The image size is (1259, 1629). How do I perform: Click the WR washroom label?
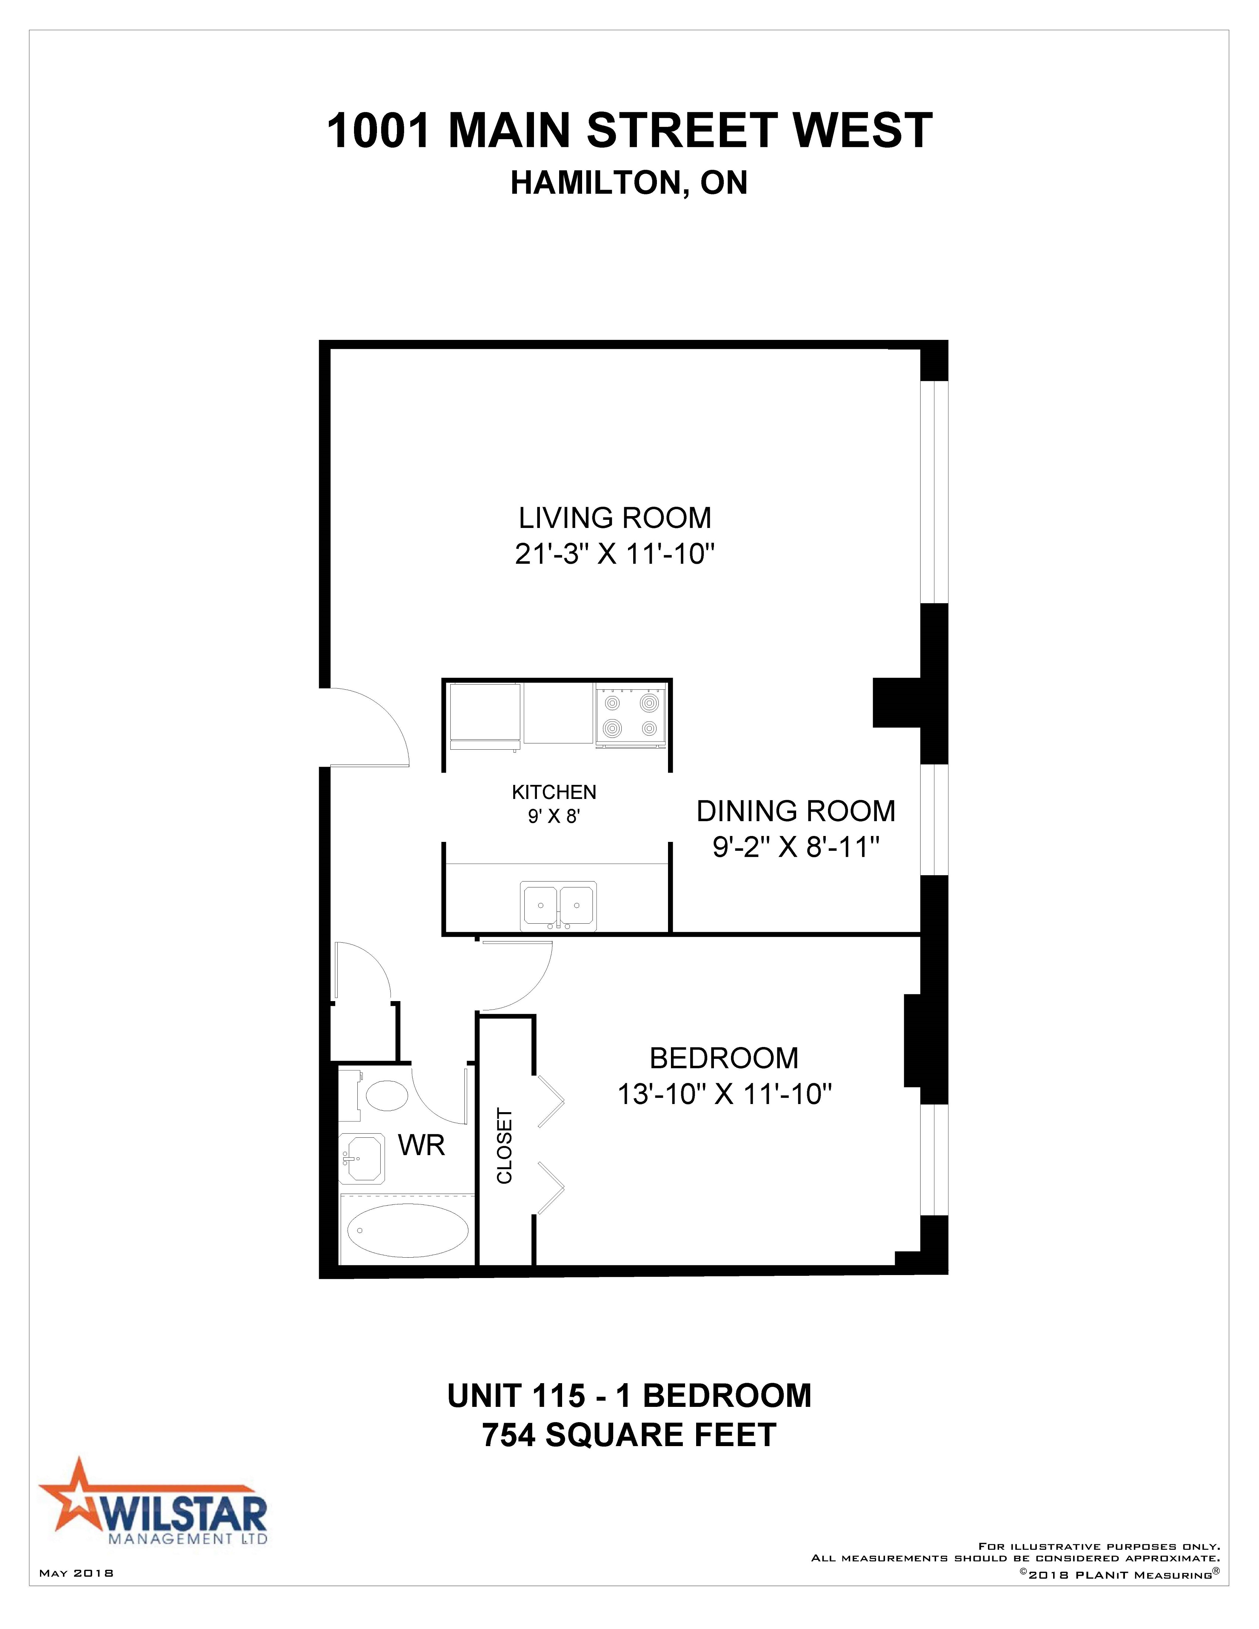pyautogui.click(x=421, y=1145)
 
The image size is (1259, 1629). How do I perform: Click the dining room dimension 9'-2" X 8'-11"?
pyautogui.click(x=796, y=847)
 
